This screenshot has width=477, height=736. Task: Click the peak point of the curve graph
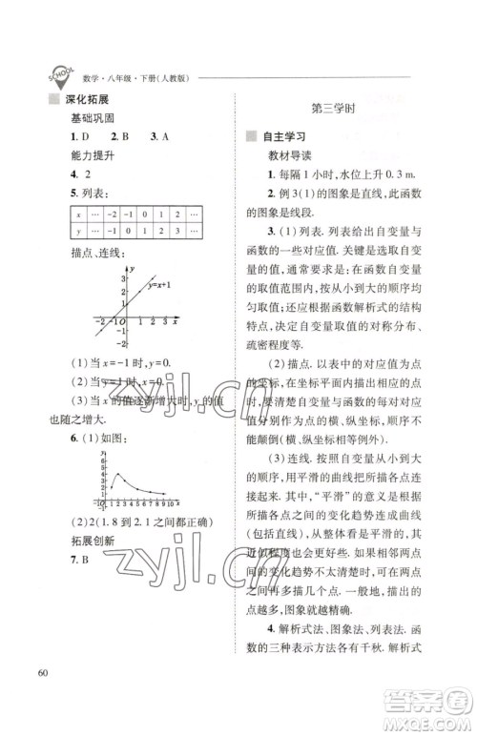tap(115, 474)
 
